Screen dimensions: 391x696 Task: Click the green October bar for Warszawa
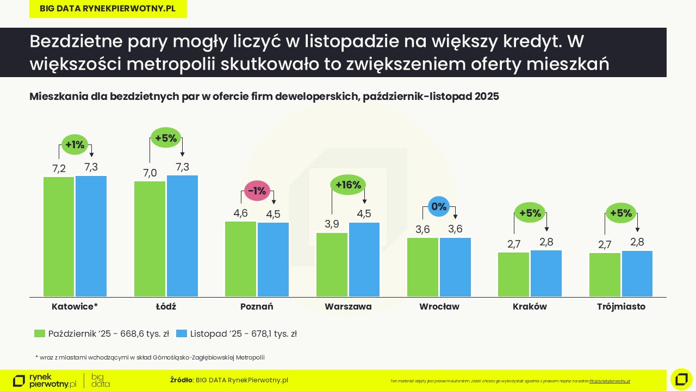(x=332, y=264)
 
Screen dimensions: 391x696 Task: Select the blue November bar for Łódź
(x=182, y=236)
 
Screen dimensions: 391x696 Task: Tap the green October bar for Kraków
(x=513, y=274)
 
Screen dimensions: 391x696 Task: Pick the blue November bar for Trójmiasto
(x=637, y=274)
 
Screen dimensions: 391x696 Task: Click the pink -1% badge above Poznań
(x=257, y=191)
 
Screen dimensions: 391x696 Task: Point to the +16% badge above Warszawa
(x=348, y=185)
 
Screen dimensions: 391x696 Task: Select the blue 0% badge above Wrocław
(x=438, y=206)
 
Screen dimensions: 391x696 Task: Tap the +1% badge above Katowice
(x=74, y=144)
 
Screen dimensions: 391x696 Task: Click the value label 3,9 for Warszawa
(x=332, y=224)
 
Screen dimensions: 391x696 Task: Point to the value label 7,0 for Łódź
(x=150, y=173)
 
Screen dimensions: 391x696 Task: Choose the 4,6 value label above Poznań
(x=240, y=213)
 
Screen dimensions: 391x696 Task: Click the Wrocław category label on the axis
(x=439, y=306)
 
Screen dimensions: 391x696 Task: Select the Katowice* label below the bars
(x=74, y=306)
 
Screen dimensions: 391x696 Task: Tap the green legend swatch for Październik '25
(x=39, y=334)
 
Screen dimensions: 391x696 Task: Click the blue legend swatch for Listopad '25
(x=182, y=334)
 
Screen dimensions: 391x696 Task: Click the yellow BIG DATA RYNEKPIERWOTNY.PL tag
(x=108, y=9)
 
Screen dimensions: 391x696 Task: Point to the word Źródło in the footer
(x=181, y=380)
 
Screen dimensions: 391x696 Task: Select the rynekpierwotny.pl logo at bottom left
(x=45, y=380)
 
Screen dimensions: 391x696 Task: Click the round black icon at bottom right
(x=681, y=379)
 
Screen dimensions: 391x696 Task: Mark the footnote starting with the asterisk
(x=150, y=357)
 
